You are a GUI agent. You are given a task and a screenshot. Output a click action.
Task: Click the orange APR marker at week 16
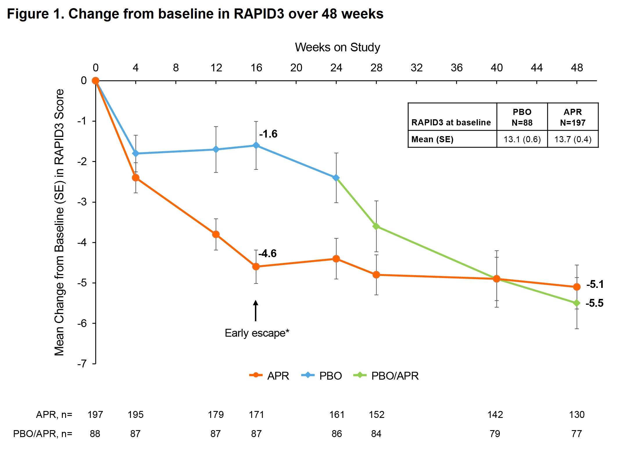pos(256,266)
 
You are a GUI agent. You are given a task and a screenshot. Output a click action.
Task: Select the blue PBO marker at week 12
pos(216,149)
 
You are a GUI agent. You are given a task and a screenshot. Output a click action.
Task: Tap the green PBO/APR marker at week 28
pos(376,226)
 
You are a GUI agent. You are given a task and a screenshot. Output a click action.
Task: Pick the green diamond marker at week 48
pos(577,303)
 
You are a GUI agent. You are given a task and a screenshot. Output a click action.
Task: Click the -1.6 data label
pos(268,134)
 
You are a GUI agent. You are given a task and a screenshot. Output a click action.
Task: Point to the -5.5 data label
pos(594,303)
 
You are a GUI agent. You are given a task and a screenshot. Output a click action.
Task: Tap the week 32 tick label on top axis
pos(416,68)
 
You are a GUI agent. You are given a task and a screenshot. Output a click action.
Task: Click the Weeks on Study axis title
pos(337,47)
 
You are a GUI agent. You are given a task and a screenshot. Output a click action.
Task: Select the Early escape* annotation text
pos(257,333)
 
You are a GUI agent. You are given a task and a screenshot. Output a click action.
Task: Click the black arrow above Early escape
pos(255,311)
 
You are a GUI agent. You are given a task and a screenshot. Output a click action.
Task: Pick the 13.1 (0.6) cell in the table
pos(522,139)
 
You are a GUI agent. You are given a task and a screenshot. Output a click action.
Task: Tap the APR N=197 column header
pos(573,117)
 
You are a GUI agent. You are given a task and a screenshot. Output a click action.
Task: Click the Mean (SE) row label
pos(432,139)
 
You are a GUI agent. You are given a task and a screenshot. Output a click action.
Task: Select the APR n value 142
pos(495,414)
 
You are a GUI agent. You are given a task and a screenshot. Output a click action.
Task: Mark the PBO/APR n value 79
pos(495,434)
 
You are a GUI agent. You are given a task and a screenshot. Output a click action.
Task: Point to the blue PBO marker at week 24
pos(336,178)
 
